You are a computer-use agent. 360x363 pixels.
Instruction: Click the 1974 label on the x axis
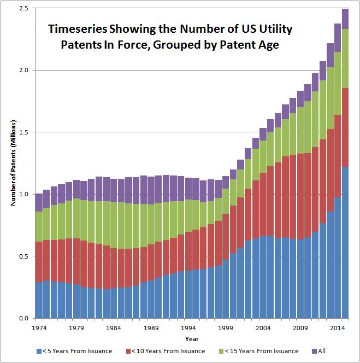coord(39,329)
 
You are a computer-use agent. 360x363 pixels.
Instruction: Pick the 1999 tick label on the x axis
coord(226,329)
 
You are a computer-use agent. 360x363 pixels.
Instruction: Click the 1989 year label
coord(151,329)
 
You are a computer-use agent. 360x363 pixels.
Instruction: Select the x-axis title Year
coord(188,339)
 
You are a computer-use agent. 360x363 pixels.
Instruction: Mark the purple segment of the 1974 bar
coord(39,202)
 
